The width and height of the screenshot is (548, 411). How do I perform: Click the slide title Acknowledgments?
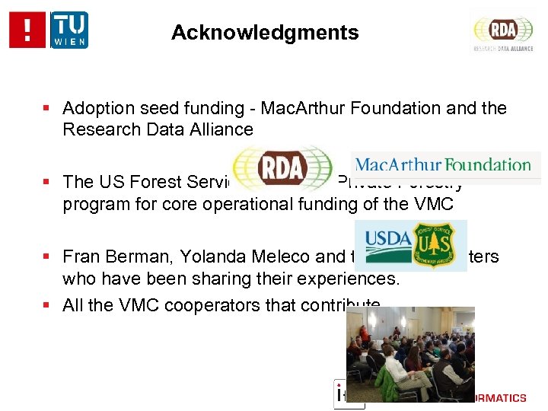(x=265, y=33)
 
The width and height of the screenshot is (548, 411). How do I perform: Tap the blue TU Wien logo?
(x=69, y=30)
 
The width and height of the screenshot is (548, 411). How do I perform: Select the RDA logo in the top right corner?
(x=503, y=30)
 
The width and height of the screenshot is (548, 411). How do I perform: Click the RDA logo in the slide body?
(x=282, y=167)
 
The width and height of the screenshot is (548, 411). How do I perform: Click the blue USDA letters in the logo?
(x=387, y=238)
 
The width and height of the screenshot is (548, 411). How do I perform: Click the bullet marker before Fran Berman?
(x=47, y=256)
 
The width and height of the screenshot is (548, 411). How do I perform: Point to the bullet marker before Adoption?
(x=47, y=109)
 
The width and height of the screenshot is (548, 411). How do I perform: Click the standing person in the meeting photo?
(x=365, y=335)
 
